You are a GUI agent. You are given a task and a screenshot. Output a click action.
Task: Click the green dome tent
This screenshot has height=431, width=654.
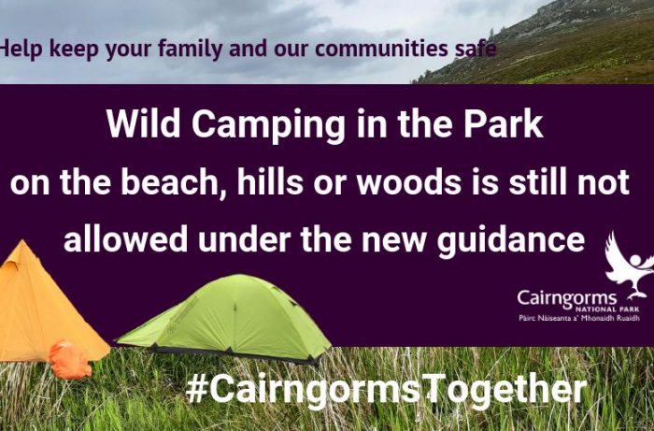[x=225, y=319]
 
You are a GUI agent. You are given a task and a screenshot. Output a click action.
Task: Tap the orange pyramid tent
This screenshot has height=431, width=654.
[x=46, y=309]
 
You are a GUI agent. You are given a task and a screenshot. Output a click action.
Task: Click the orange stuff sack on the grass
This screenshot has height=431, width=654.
[x=70, y=361]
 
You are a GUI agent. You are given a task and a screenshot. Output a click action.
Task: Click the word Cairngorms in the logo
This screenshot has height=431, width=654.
[x=567, y=299]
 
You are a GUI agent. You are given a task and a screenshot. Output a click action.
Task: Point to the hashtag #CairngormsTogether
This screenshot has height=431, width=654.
[x=386, y=390]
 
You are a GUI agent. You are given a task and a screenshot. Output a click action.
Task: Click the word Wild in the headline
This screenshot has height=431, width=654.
[x=143, y=124]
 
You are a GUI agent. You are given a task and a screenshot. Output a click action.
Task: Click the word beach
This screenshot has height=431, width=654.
[x=170, y=182]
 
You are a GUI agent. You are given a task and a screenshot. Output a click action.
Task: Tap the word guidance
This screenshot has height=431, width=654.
[x=510, y=241]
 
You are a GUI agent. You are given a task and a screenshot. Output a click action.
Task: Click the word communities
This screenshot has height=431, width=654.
[x=381, y=48]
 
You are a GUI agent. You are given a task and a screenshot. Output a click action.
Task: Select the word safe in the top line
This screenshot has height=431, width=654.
[x=475, y=48]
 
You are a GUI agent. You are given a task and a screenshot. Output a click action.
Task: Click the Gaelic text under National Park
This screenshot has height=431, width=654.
[x=579, y=319]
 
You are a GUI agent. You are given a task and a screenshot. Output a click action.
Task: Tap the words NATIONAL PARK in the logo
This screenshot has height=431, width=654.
[x=607, y=309]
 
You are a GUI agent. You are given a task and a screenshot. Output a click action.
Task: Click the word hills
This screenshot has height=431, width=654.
[x=270, y=182]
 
